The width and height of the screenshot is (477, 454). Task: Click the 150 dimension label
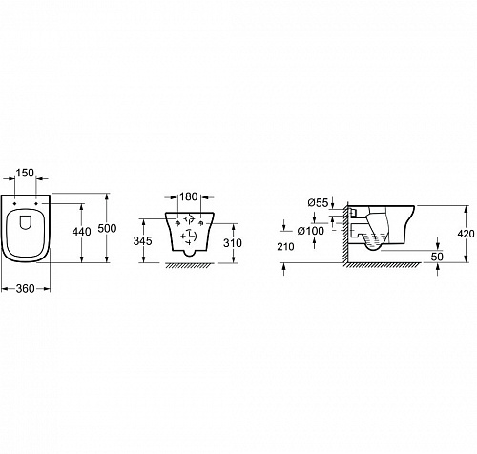[x=25, y=173]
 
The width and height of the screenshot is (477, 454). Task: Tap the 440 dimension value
[x=81, y=232]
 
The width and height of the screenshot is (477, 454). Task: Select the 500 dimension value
[x=107, y=228]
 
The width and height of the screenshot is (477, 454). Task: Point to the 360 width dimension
[x=25, y=288]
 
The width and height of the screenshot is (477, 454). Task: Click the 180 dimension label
[x=189, y=196]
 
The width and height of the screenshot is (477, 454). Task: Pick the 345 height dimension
[x=142, y=241]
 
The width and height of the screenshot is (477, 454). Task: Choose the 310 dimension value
[x=233, y=243]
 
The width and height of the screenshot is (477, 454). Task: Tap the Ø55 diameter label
[x=318, y=202]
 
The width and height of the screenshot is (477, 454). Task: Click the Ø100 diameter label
[x=311, y=231]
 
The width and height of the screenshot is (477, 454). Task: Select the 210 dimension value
[x=285, y=246]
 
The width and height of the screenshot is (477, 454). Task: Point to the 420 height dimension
[x=466, y=234]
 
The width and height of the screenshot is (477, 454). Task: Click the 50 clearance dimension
[x=437, y=257]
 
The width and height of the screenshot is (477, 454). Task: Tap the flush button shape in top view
[x=26, y=222]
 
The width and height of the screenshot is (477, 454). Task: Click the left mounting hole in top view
[x=15, y=203]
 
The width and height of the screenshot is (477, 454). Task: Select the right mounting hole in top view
[x=36, y=203]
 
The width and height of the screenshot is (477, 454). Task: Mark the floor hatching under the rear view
[x=190, y=266]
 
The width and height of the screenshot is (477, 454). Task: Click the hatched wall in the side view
[x=345, y=233]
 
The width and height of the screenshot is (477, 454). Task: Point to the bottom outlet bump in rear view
[x=190, y=253]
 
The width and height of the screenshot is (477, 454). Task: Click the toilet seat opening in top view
[x=25, y=233]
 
